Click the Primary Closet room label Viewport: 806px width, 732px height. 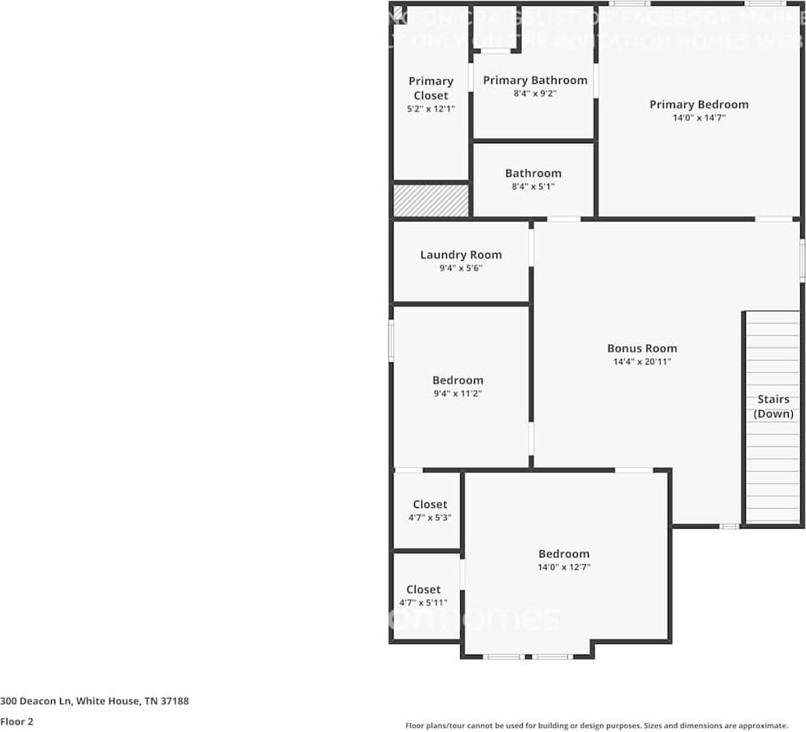pos(431,88)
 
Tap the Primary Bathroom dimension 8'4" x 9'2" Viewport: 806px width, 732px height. pos(535,94)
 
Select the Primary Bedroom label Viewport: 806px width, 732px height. pos(699,105)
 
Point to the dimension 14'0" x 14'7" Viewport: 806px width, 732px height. pos(699,118)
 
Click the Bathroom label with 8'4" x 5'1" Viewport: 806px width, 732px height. pos(533,173)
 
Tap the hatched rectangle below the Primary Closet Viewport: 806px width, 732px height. pos(431,200)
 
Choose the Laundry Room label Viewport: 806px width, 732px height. pos(460,254)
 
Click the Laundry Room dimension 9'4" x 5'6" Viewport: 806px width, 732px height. pos(460,268)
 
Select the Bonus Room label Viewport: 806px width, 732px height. pos(642,348)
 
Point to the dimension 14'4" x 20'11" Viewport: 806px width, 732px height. pos(642,361)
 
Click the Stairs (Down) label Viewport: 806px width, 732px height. pos(774,407)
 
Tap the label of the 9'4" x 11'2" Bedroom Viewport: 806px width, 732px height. pos(458,380)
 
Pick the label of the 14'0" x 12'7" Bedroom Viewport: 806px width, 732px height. pos(564,554)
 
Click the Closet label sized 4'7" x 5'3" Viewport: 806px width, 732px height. pos(430,504)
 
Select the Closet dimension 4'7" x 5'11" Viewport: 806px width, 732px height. pos(423,603)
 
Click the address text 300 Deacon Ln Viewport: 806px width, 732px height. pos(95,702)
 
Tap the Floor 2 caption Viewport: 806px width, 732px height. pos(17,721)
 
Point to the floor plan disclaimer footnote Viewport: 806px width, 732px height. pos(596,725)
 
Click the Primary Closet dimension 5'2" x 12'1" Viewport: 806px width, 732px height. pos(431,109)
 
